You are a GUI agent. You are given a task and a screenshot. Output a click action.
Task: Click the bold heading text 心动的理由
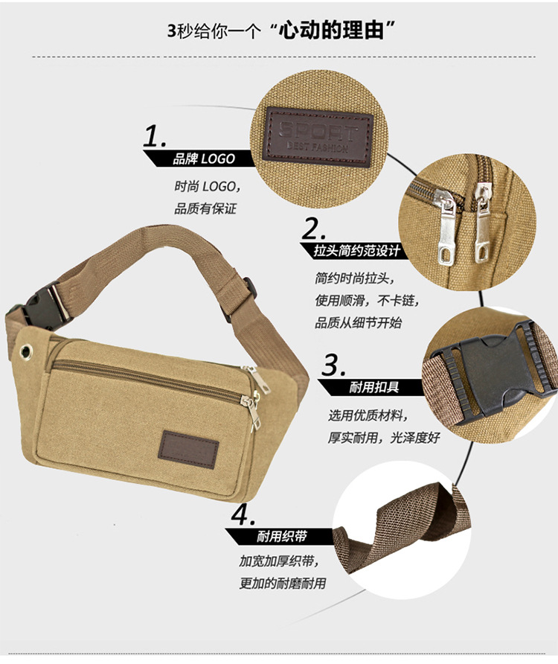click(332, 31)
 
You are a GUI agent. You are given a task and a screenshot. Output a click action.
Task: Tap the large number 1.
click(155, 137)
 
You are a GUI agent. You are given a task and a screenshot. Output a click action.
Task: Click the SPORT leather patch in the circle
click(318, 135)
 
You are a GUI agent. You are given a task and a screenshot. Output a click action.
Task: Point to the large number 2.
click(314, 229)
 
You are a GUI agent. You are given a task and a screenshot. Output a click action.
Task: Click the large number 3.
click(334, 365)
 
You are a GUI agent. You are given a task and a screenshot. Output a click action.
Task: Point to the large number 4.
click(243, 515)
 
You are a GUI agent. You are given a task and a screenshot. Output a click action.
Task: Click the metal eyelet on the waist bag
click(26, 351)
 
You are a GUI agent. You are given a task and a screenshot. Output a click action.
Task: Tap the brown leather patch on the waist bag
click(188, 450)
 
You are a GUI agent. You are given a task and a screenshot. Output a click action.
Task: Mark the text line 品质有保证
click(205, 208)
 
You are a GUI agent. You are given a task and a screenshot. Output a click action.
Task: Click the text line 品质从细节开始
click(358, 323)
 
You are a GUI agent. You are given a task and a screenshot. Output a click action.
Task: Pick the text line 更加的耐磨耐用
click(283, 584)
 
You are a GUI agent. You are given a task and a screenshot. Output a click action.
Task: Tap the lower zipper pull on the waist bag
click(252, 410)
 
